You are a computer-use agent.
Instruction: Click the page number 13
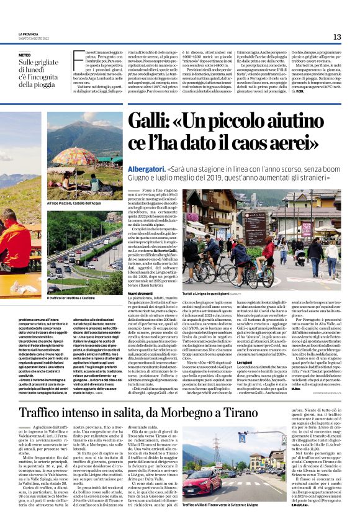(x=336, y=37)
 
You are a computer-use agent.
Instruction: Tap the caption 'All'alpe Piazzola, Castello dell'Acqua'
(x=73, y=204)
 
